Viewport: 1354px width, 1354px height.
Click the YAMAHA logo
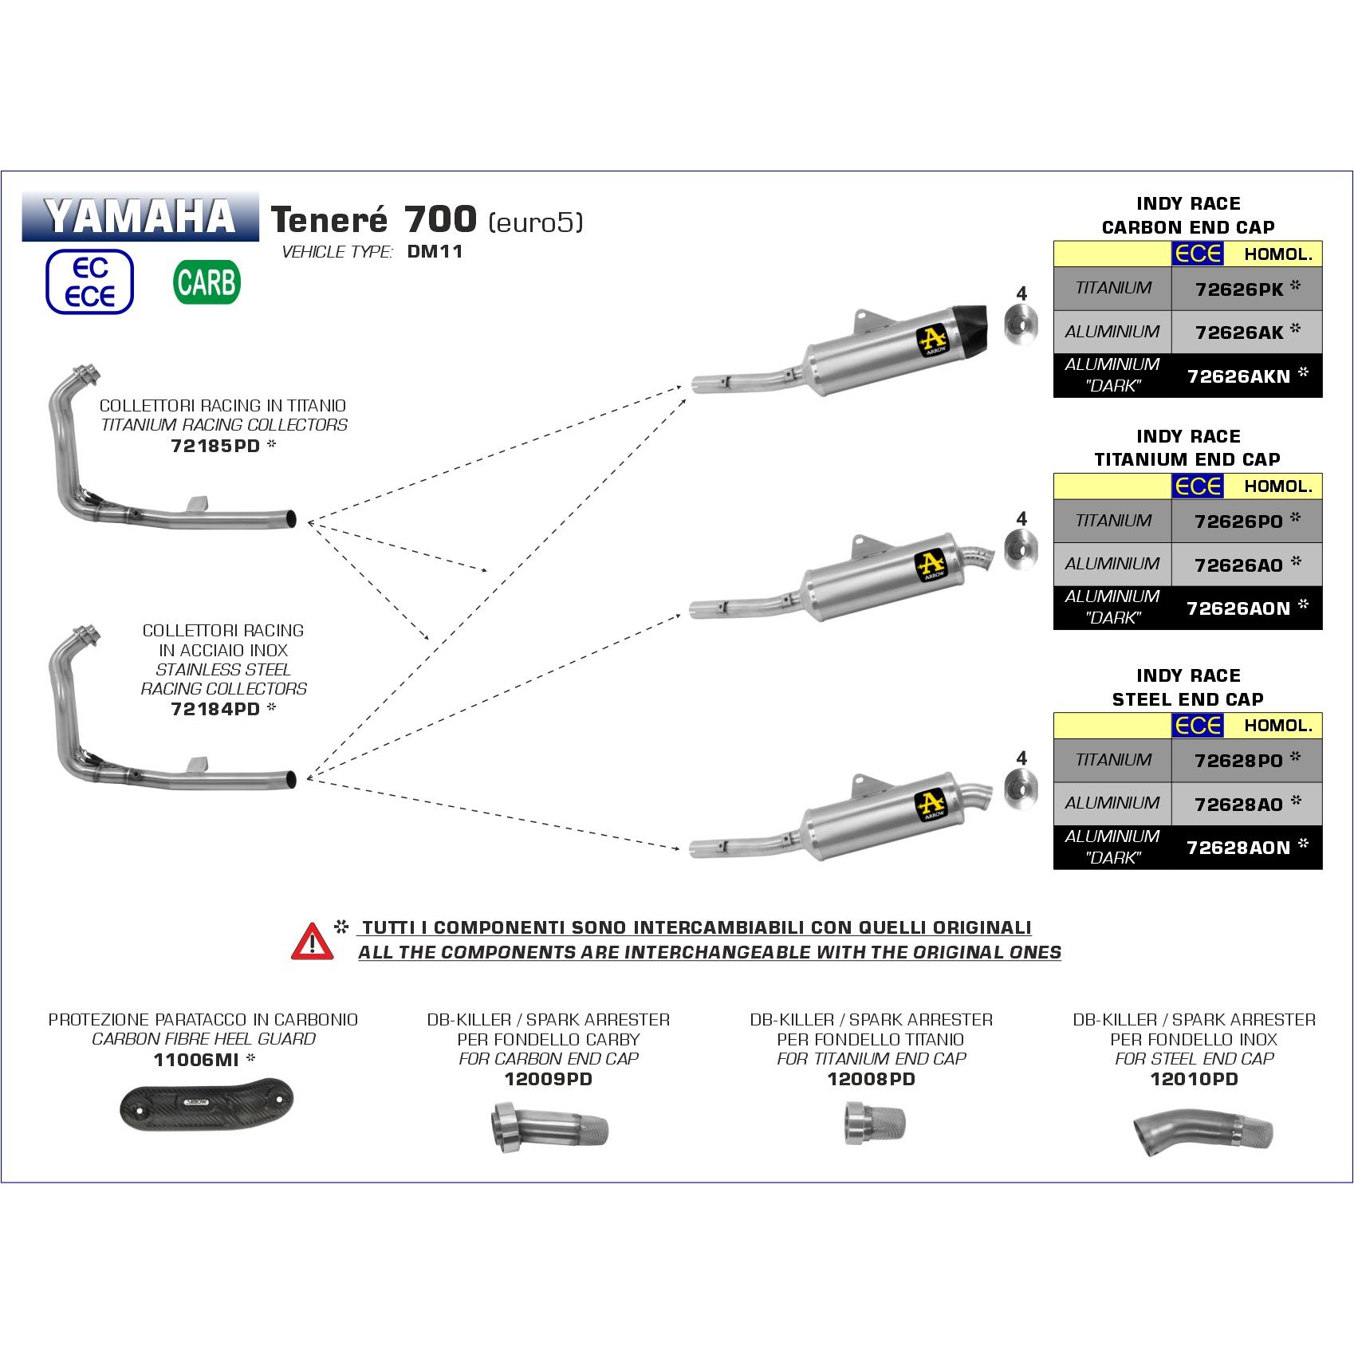coord(140,216)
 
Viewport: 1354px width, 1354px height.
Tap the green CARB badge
coord(206,283)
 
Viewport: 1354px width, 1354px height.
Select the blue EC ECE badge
coord(89,282)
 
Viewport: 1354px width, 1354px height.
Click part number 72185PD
coord(216,446)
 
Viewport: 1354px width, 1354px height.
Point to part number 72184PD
coord(216,708)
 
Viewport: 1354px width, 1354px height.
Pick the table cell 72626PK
coord(1238,289)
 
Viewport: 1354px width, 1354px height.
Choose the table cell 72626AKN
coord(1238,376)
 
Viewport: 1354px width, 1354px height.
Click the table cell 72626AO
coord(1238,565)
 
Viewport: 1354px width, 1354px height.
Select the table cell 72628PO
coord(1238,761)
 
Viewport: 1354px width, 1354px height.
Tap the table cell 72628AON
coord(1238,848)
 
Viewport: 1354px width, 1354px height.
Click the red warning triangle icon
coord(313,941)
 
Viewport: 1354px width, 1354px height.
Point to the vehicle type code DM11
coord(435,252)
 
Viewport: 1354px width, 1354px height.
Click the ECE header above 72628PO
coord(1198,725)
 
